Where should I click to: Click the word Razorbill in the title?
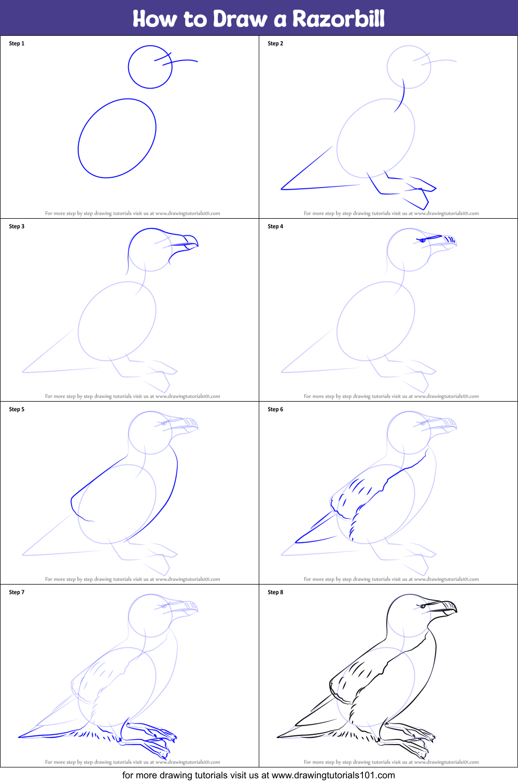[x=338, y=19]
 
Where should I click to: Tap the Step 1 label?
[x=17, y=44]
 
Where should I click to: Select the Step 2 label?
[x=275, y=44]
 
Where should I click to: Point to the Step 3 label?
[x=17, y=226]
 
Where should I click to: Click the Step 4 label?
[x=275, y=226]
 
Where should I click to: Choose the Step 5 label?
[x=17, y=409]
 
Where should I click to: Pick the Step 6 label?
[x=275, y=409]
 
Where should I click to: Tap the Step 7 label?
[x=17, y=592]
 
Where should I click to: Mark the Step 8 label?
[x=275, y=592]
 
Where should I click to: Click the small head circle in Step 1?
[x=150, y=67]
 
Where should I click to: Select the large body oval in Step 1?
[x=117, y=138]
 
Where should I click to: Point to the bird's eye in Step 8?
[x=423, y=606]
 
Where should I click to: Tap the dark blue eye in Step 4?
[x=422, y=240]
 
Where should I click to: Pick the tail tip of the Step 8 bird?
[x=278, y=736]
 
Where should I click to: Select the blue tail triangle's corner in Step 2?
[x=282, y=189]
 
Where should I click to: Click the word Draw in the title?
[x=240, y=19]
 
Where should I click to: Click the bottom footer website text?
[x=259, y=775]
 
